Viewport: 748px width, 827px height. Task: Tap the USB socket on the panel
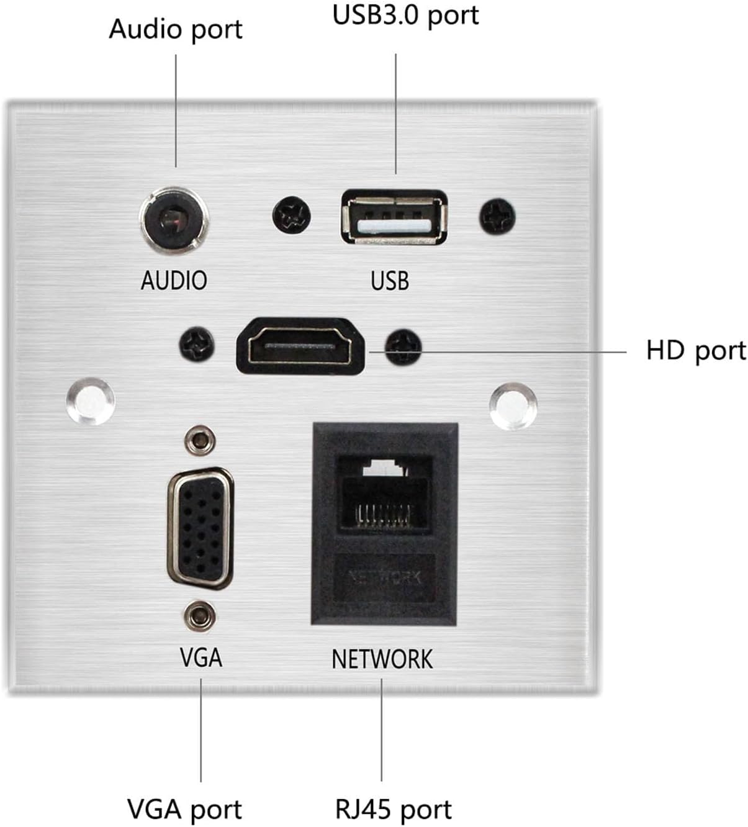(x=394, y=217)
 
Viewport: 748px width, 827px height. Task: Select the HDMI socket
(x=300, y=346)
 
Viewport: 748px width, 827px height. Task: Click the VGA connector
(x=200, y=528)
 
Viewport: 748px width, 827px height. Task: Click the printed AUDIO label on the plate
(x=174, y=281)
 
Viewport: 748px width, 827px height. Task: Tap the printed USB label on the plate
(x=390, y=281)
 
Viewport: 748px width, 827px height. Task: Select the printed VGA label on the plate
(x=201, y=658)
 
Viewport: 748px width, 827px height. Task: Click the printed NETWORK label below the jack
(x=382, y=659)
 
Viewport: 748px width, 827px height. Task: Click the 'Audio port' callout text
(x=175, y=29)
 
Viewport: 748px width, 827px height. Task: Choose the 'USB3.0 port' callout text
(x=405, y=16)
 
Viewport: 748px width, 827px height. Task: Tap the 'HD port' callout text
(x=695, y=351)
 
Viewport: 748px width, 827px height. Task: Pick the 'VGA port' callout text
(x=184, y=809)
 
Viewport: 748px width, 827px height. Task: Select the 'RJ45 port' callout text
(x=393, y=809)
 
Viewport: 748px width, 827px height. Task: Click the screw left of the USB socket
(x=291, y=217)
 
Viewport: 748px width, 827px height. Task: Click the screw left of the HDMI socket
(x=197, y=345)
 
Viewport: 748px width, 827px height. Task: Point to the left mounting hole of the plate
(x=90, y=401)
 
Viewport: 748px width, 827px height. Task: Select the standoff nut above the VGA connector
(x=200, y=441)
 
